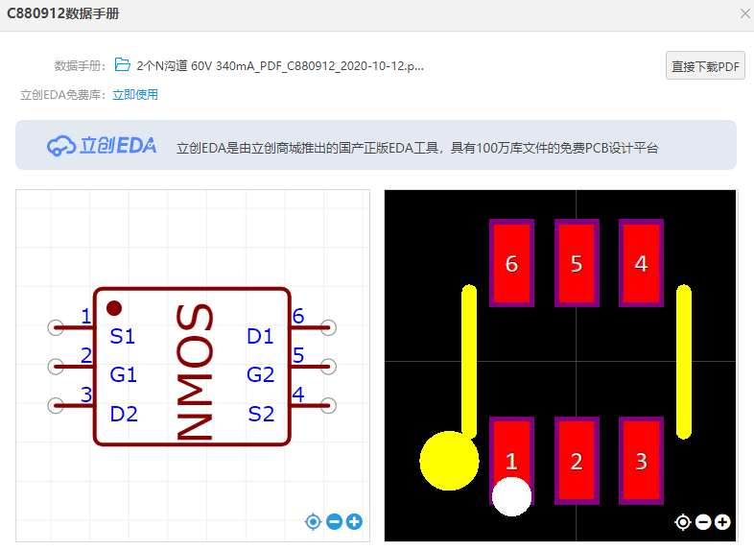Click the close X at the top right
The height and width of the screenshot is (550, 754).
pyautogui.click(x=744, y=13)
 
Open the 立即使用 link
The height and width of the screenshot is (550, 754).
pyautogui.click(x=135, y=95)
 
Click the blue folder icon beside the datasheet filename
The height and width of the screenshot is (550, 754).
pyautogui.click(x=122, y=65)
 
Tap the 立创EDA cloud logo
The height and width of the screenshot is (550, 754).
pyautogui.click(x=103, y=146)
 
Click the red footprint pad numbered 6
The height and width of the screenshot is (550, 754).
pyautogui.click(x=511, y=263)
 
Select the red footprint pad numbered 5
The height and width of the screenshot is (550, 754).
pyautogui.click(x=577, y=263)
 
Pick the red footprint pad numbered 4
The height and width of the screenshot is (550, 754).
pyautogui.click(x=641, y=263)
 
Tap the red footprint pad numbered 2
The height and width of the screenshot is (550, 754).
pyautogui.click(x=577, y=461)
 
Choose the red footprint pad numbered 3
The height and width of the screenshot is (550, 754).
pyautogui.click(x=641, y=461)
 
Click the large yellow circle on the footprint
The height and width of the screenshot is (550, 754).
pyautogui.click(x=447, y=460)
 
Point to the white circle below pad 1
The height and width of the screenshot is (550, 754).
pyautogui.click(x=511, y=496)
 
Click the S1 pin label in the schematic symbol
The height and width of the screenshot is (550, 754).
pyautogui.click(x=123, y=337)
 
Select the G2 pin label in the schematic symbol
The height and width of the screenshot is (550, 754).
pyautogui.click(x=260, y=374)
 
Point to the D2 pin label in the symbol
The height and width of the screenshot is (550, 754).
pyautogui.click(x=124, y=414)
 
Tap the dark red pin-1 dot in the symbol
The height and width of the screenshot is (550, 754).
pyautogui.click(x=114, y=308)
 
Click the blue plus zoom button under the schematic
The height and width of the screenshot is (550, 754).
pyautogui.click(x=355, y=522)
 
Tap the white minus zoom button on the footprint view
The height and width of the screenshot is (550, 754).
pyautogui.click(x=703, y=522)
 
